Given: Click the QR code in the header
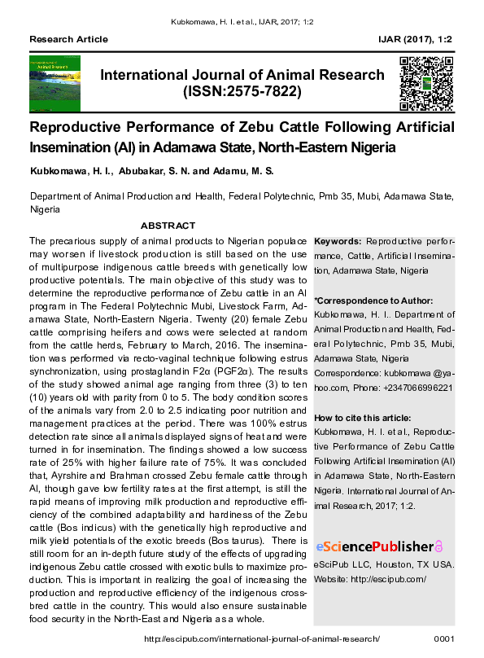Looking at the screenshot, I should [x=426, y=83].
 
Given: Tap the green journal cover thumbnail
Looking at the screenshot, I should [x=55, y=83].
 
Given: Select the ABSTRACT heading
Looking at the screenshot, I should [x=168, y=226].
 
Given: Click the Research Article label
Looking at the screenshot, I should [x=68, y=39].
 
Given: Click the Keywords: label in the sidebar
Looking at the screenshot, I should [x=338, y=242].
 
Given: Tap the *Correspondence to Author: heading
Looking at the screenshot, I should [x=373, y=300].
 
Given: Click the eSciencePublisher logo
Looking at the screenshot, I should [x=379, y=546].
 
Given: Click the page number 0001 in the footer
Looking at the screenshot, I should [x=444, y=639].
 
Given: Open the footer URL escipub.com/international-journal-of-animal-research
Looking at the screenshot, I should [x=244, y=639].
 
